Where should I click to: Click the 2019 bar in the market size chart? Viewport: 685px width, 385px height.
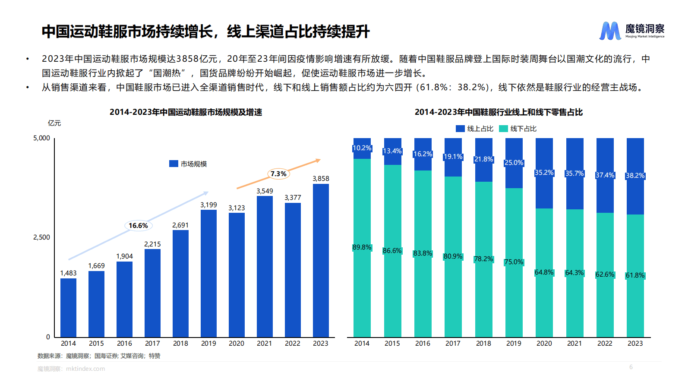point(208,273)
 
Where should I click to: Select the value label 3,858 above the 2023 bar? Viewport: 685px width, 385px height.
point(321,178)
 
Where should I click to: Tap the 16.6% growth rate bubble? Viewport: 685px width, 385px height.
point(138,225)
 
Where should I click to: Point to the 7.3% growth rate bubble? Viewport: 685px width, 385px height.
point(278,174)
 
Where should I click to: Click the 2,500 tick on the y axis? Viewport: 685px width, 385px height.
point(41,237)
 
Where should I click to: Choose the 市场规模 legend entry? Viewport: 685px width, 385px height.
point(188,164)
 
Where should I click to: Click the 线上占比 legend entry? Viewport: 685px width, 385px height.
point(475,129)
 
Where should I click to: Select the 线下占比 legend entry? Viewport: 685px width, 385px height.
point(518,129)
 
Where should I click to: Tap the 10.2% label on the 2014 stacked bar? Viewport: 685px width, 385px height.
point(362,148)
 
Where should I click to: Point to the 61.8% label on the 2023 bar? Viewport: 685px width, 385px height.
point(635,275)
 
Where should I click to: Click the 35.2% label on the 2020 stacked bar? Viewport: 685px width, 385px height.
point(544,173)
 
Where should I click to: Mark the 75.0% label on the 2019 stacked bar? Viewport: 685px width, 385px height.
point(514,262)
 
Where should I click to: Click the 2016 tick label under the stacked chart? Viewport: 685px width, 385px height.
point(423,344)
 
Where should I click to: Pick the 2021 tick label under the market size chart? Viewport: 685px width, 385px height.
point(264,344)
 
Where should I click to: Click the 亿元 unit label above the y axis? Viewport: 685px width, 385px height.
point(54,123)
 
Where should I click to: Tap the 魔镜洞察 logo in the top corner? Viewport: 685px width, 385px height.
point(632,31)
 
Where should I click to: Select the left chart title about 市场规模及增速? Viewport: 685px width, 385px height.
point(186,112)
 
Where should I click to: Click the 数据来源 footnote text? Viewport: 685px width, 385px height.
point(99,356)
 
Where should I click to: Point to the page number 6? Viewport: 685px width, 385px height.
point(631,367)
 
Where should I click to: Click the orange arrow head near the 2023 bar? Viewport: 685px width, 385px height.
point(318,161)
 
